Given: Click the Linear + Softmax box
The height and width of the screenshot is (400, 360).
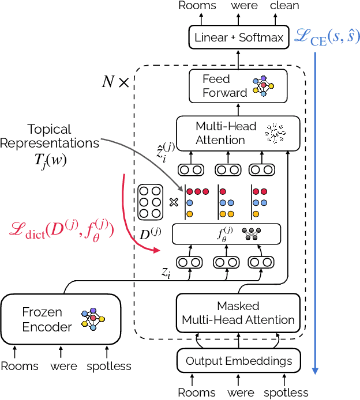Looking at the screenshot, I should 239,38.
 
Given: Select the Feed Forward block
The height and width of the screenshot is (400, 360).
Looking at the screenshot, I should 238,86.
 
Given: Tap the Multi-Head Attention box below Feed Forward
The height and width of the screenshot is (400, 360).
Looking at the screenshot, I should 238,133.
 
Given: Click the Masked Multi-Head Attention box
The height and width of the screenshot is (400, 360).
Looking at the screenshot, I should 238,313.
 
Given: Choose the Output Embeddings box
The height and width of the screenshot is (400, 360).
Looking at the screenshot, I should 239,361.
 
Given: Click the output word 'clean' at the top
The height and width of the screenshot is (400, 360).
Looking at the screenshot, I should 284,6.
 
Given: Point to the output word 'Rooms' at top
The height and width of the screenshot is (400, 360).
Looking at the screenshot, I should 197,6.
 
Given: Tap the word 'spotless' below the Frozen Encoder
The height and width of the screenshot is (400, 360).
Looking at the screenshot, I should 108,366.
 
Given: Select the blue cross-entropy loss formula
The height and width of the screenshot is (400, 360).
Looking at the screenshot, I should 327,37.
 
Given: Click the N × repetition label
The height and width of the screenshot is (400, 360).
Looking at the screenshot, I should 115,82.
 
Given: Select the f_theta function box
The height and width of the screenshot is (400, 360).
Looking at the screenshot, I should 226,234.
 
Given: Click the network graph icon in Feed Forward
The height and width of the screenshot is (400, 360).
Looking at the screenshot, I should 263,85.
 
